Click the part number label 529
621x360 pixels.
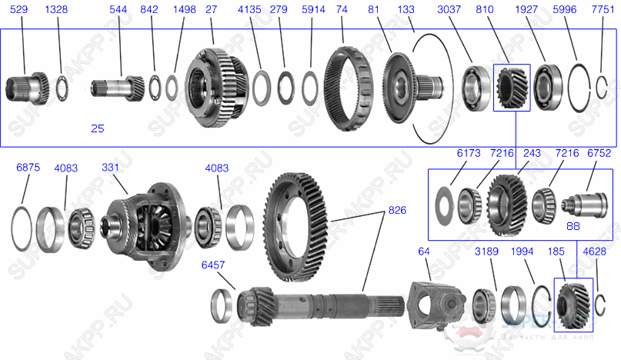(x=19, y=11)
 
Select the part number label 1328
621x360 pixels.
(x=56, y=11)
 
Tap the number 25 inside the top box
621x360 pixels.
(x=97, y=128)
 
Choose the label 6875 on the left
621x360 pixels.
(x=29, y=167)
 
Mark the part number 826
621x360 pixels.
(x=397, y=209)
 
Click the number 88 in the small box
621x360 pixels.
(x=573, y=225)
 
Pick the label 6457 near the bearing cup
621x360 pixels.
(x=213, y=265)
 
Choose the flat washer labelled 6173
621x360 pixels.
(x=443, y=204)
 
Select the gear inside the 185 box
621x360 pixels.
(x=573, y=305)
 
